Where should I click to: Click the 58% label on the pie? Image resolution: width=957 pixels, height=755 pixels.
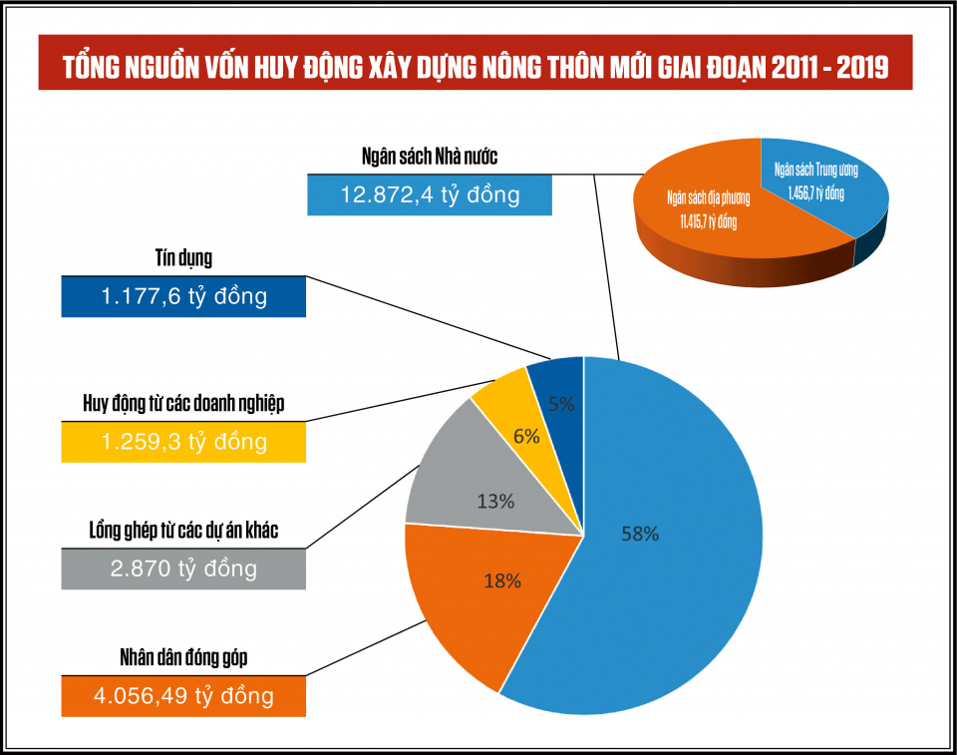[x=639, y=534]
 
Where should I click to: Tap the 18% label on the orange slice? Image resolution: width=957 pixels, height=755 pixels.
[x=502, y=580]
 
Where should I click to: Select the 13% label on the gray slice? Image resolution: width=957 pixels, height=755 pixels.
[x=495, y=502]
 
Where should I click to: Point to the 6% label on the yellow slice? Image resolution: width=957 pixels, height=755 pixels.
[x=526, y=436]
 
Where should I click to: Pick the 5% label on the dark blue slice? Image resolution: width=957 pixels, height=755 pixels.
[x=560, y=405]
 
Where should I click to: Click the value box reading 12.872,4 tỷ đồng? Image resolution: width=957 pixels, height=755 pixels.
[x=430, y=193]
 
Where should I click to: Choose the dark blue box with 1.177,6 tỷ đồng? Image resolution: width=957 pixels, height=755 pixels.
[x=183, y=296]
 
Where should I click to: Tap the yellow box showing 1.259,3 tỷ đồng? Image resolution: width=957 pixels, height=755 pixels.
[x=183, y=441]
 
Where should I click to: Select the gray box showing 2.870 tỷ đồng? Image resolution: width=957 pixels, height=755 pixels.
[x=183, y=568]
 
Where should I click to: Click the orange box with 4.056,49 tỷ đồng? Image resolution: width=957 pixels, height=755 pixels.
[x=183, y=695]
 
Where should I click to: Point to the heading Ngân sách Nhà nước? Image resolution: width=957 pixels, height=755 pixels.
[x=429, y=157]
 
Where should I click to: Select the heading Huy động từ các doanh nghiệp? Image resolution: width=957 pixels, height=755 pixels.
[x=183, y=404]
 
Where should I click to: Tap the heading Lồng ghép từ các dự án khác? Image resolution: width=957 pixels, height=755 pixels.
[x=183, y=531]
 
